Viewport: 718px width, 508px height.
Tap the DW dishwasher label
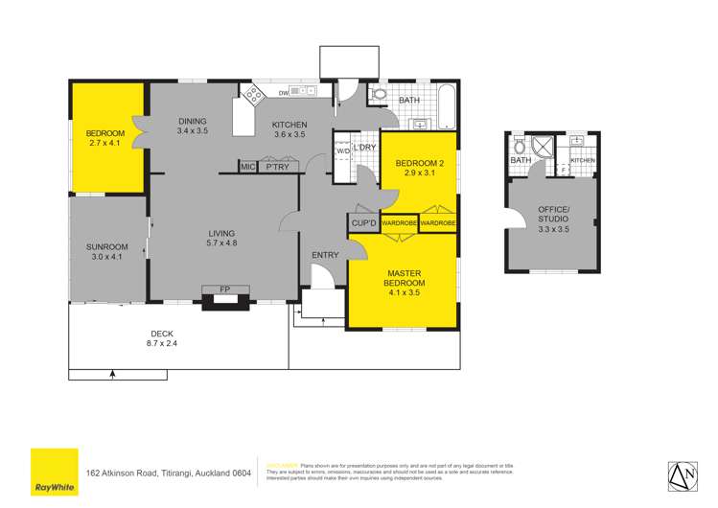[x=284, y=93]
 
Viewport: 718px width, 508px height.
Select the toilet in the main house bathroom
[x=379, y=95]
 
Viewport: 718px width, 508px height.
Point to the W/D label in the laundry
[x=342, y=150]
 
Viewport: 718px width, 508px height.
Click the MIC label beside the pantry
[x=247, y=168]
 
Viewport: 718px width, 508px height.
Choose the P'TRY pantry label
[x=278, y=168]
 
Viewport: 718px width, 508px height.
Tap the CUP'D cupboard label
[x=363, y=223]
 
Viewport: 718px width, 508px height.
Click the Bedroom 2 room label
[x=415, y=163]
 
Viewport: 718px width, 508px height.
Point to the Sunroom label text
[x=106, y=246]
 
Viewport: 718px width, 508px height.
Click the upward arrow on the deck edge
[x=113, y=373]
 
